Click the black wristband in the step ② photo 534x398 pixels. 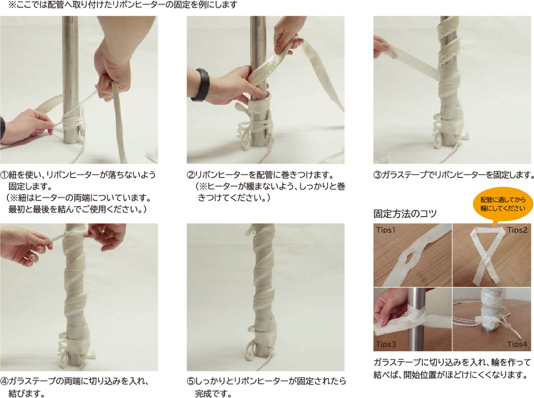202,84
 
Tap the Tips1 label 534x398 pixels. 386,230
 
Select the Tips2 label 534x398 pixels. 517,230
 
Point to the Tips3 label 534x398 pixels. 386,344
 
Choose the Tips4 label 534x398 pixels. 517,344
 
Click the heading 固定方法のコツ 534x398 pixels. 405,214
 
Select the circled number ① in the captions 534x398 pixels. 4,175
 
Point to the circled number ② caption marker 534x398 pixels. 191,175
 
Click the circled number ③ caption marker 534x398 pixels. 377,175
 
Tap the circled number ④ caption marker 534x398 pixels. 4,381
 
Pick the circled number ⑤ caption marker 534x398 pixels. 191,381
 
